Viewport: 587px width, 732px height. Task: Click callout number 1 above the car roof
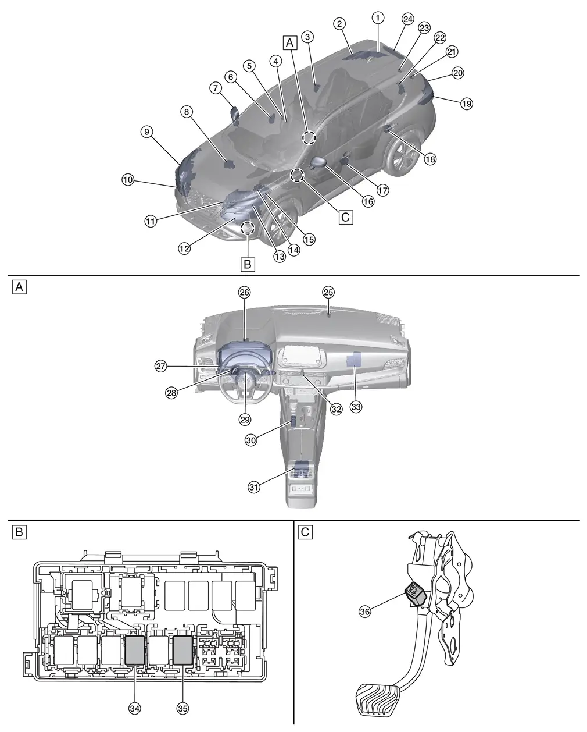378,17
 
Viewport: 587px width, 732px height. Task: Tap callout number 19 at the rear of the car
466,104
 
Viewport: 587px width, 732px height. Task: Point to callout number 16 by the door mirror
367,201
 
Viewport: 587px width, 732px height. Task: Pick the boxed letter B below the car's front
248,264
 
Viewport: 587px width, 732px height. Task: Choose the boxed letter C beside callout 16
345,217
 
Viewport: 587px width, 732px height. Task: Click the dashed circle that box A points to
309,137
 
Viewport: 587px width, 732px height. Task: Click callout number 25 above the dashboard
329,291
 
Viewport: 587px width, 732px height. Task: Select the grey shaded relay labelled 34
135,649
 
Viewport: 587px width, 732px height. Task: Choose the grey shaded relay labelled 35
182,649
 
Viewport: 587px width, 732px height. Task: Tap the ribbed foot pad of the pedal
381,695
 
